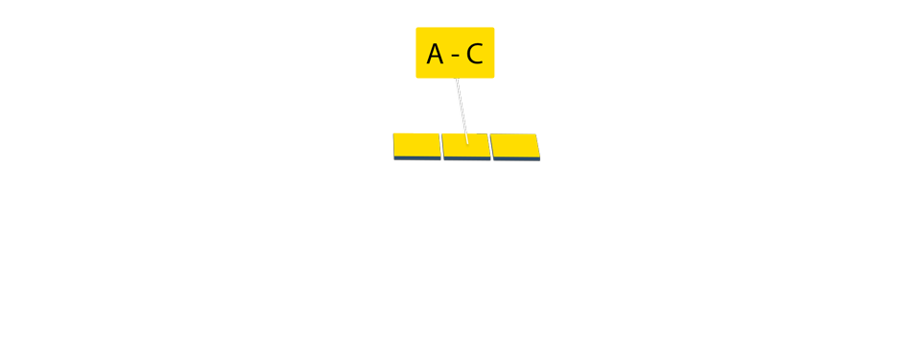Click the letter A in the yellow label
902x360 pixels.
coord(435,55)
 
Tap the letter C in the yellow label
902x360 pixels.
coord(474,55)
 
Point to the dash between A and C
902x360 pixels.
coord(455,56)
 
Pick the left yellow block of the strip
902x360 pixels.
coord(416,145)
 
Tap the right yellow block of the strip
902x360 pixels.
coord(514,146)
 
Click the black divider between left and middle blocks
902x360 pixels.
coord(440,146)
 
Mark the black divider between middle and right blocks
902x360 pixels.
coord(490,146)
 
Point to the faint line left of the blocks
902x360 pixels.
coord(192,134)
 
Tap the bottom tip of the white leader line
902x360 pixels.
coord(467,143)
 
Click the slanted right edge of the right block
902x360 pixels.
coord(538,146)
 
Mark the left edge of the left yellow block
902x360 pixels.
coord(394,145)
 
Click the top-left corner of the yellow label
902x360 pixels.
coord(416,28)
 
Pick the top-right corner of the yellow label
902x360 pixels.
coord(494,28)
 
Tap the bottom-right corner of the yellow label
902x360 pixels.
coord(494,77)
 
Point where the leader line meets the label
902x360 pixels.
coord(456,78)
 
